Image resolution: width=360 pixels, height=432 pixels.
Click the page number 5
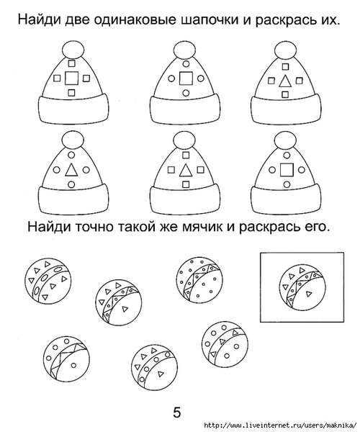click(x=177, y=413)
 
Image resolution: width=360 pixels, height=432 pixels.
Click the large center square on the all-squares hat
click(x=71, y=78)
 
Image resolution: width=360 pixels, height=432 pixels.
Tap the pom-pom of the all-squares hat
click(x=73, y=50)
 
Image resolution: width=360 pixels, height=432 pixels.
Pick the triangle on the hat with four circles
click(x=71, y=169)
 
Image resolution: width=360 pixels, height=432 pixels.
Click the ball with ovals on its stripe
click(x=48, y=282)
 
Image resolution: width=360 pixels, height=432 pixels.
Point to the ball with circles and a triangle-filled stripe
click(x=225, y=345)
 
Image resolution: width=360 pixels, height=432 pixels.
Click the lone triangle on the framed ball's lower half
click(x=309, y=294)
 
